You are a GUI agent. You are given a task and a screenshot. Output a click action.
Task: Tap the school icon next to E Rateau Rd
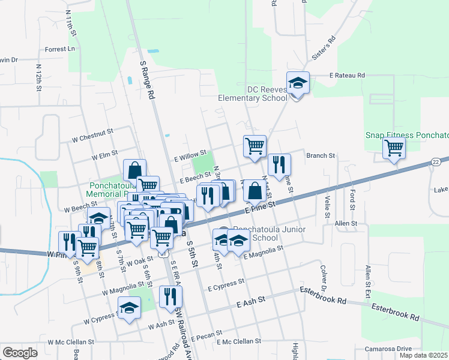coord(298,83)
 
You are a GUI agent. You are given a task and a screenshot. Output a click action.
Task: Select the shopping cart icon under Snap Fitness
coord(394,147)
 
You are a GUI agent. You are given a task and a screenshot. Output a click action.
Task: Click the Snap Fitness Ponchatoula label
coord(406,135)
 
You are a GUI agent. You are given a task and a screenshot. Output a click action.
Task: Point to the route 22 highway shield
coord(436,163)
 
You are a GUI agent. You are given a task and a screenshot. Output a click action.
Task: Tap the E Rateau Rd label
coord(347,76)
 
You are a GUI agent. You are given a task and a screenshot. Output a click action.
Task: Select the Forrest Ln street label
coord(61,49)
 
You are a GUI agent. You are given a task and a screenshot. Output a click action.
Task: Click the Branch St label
coord(320,155)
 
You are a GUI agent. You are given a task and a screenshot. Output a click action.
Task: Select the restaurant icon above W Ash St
coord(170,296)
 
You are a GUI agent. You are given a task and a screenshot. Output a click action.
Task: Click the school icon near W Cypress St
coord(129,308)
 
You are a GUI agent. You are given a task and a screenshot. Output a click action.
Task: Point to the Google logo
coord(20,353)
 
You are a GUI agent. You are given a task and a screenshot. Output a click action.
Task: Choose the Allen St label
coord(346,223)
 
